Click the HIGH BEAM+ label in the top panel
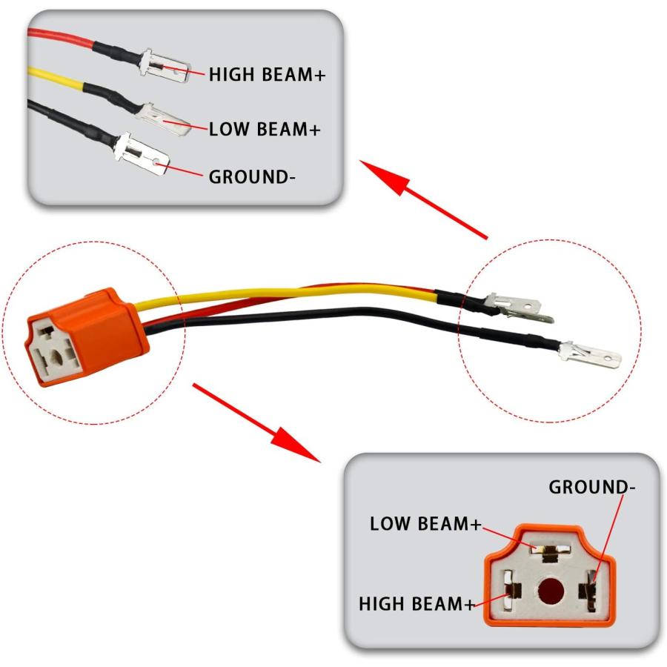(x=267, y=74)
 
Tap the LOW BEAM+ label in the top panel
(x=264, y=129)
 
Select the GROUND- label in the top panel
(x=252, y=177)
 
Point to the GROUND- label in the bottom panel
(x=591, y=487)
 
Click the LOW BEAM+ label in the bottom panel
(x=425, y=524)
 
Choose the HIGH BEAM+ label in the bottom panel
(x=417, y=603)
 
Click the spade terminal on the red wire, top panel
(x=165, y=65)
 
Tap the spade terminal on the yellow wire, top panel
(x=164, y=119)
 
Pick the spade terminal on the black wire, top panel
(x=142, y=154)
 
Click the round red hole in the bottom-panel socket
(x=551, y=591)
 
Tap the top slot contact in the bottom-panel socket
(x=550, y=552)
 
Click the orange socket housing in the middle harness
(x=87, y=337)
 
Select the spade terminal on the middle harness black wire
(x=590, y=355)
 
